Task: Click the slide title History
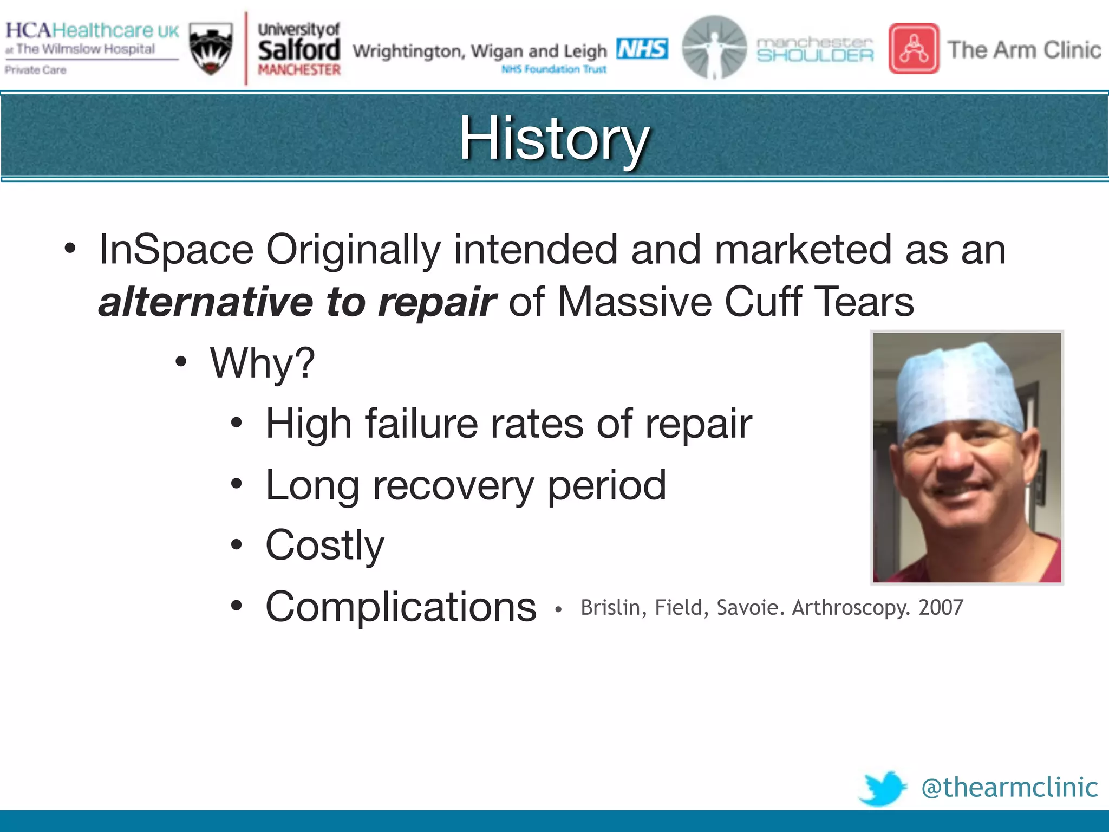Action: [x=554, y=138]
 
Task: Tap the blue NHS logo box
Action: [x=642, y=49]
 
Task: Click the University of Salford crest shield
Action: [x=211, y=49]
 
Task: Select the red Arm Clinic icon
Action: [x=914, y=49]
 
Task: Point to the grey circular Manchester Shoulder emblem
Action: [x=714, y=47]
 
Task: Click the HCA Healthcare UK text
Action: [x=92, y=30]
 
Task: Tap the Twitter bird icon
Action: [x=883, y=788]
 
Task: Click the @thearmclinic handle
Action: [x=1009, y=787]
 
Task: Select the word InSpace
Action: [x=176, y=250]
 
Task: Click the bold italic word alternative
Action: [x=205, y=302]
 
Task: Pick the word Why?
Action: [x=262, y=363]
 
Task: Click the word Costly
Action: [x=324, y=545]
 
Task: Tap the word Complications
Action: [x=401, y=607]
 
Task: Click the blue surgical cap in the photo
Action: [x=958, y=387]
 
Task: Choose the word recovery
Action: [x=453, y=485]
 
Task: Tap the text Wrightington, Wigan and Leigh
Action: [x=480, y=51]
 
